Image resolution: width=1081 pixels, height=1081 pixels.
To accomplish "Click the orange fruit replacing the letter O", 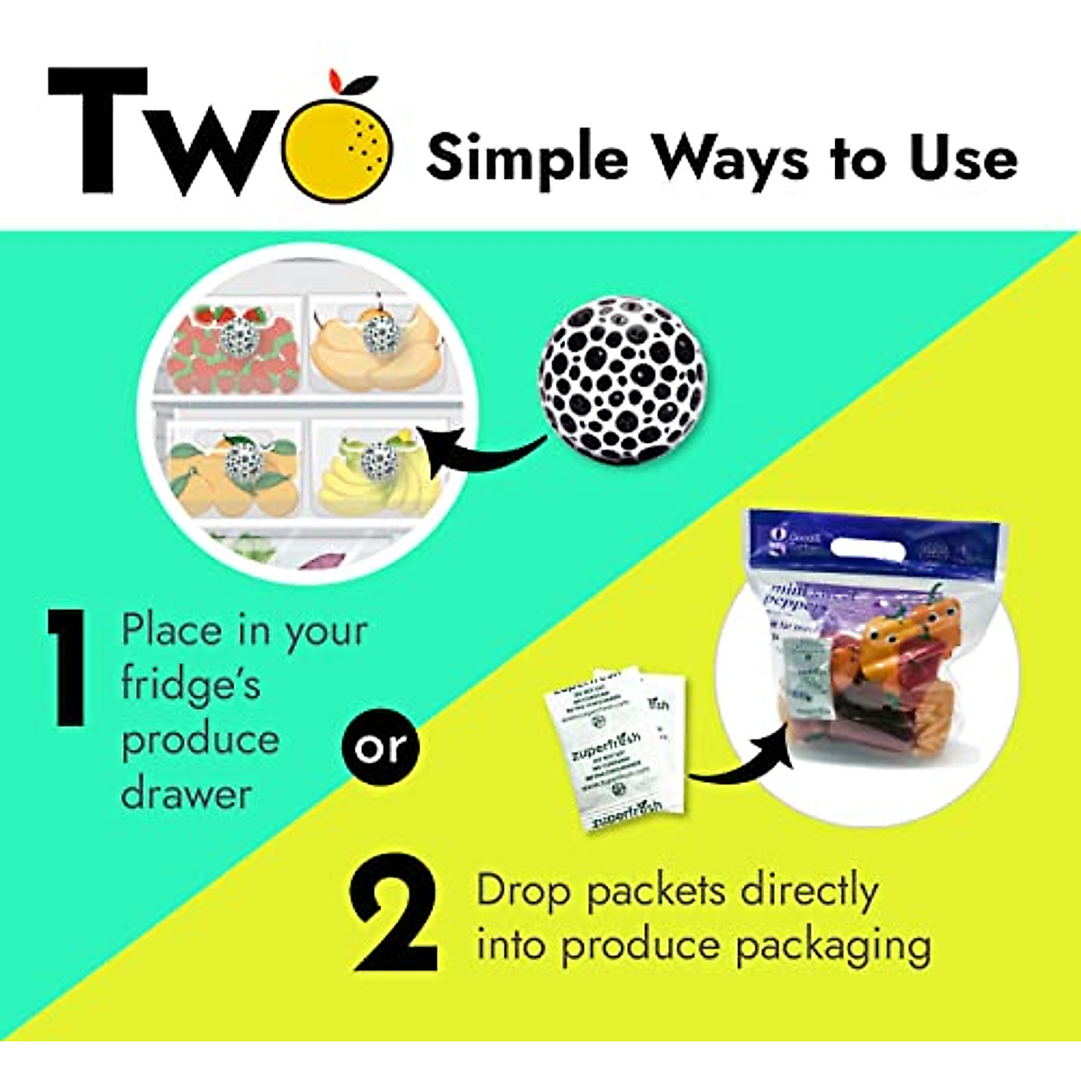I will point(337,144).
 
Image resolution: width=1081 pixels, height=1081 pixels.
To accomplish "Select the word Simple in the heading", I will point(527,159).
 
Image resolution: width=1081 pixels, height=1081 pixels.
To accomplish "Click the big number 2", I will point(395,920).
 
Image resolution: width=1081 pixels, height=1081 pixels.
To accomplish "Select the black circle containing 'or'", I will point(379,747).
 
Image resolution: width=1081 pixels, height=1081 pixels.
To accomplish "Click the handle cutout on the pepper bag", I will point(870,547).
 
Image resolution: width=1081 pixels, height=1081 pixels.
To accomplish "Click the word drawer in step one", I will point(186,795).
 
